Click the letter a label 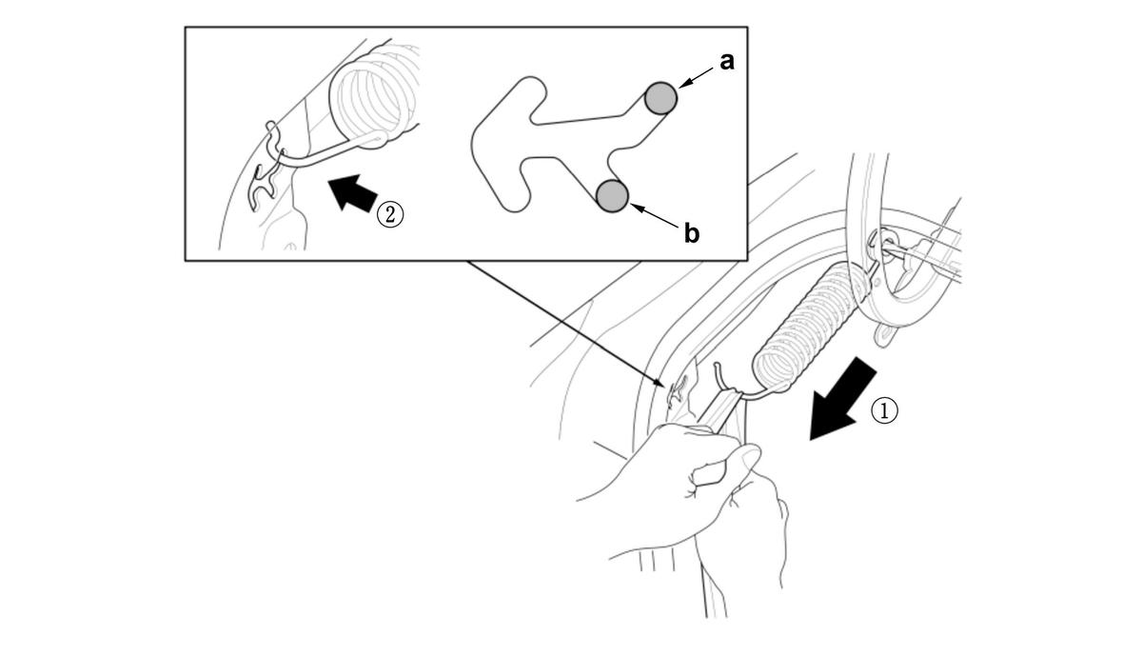pos(727,62)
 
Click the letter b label pos(692,234)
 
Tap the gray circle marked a pos(660,97)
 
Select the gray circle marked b pos(612,196)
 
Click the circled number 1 pos(884,410)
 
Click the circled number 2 pos(390,215)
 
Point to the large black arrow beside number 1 pos(843,398)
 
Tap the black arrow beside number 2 pos(353,193)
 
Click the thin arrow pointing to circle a pos(696,79)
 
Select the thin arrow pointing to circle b pos(655,215)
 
